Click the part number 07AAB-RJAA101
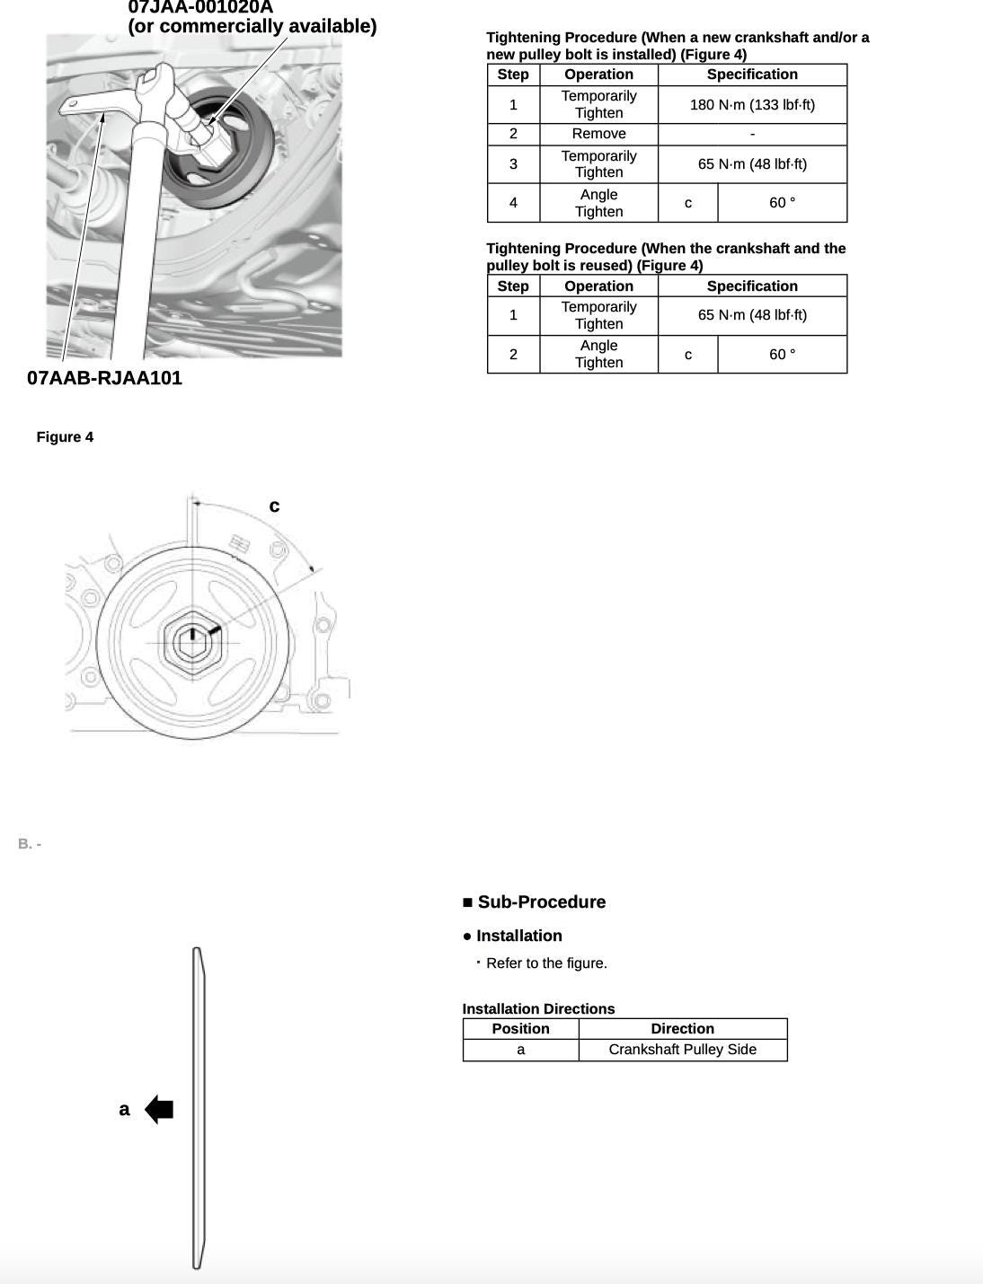pyautogui.click(x=104, y=378)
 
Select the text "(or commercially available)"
pyautogui.click(x=252, y=26)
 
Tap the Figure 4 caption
pyautogui.click(x=65, y=437)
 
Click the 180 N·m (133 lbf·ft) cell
pyautogui.click(x=752, y=105)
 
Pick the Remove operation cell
pyautogui.click(x=598, y=134)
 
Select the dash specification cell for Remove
pyautogui.click(x=752, y=134)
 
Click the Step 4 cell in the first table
pyautogui.click(x=513, y=203)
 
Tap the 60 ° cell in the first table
pyautogui.click(x=782, y=203)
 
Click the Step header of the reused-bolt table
pyautogui.click(x=513, y=286)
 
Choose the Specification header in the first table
pyautogui.click(x=752, y=75)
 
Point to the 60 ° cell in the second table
pyautogui.click(x=782, y=355)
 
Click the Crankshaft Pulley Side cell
pyautogui.click(x=682, y=1050)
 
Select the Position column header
pyautogui.click(x=520, y=1029)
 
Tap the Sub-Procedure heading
pyautogui.click(x=541, y=902)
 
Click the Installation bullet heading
pyautogui.click(x=518, y=936)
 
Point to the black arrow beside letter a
pyautogui.click(x=159, y=1109)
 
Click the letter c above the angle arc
pyautogui.click(x=274, y=506)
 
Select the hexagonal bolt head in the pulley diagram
pyautogui.click(x=192, y=642)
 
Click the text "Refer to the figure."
pyautogui.click(x=546, y=963)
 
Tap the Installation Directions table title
pyautogui.click(x=538, y=1009)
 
